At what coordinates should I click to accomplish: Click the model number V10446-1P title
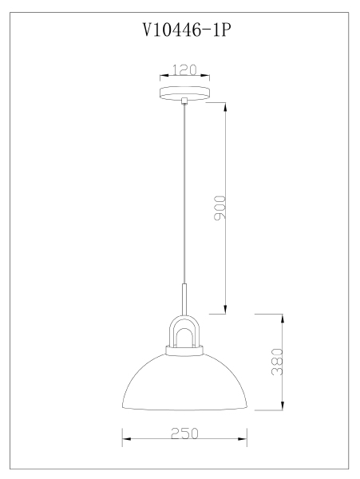pyautogui.click(x=187, y=30)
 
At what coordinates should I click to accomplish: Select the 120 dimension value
pyautogui.click(x=184, y=70)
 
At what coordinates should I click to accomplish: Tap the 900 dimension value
pyautogui.click(x=220, y=208)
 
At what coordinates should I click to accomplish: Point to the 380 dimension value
pyautogui.click(x=277, y=362)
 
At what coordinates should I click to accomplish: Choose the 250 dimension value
pyautogui.click(x=184, y=433)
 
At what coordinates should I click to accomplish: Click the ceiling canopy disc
pyautogui.click(x=184, y=93)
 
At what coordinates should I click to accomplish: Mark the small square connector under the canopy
pyautogui.click(x=184, y=101)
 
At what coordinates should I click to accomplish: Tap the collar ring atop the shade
pyautogui.click(x=184, y=350)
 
